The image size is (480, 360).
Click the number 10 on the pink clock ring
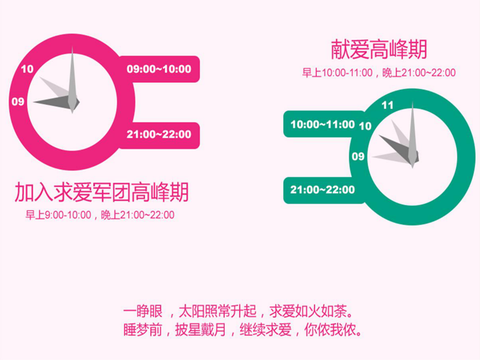[x=27, y=69]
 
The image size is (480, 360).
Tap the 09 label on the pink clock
[x=18, y=101]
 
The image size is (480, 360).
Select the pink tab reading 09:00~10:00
[x=159, y=69]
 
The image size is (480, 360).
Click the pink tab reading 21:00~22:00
[x=159, y=134]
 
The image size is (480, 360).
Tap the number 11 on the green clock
[x=387, y=106]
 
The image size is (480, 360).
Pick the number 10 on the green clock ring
[x=365, y=126]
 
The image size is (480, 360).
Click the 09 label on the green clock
[x=358, y=157]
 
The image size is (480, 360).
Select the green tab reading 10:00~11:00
[x=323, y=124]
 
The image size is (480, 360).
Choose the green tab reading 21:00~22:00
[x=323, y=190]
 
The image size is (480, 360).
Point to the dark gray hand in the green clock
[x=398, y=149]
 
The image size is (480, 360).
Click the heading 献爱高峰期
[x=379, y=49]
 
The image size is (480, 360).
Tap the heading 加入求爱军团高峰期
[x=101, y=192]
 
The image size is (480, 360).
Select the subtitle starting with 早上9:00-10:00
[x=100, y=215]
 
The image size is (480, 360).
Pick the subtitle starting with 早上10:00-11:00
[x=379, y=73]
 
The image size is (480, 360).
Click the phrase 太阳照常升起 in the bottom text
[x=217, y=311]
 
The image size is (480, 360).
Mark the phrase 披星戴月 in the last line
[x=200, y=330]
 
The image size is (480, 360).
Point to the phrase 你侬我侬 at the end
[x=330, y=330]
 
